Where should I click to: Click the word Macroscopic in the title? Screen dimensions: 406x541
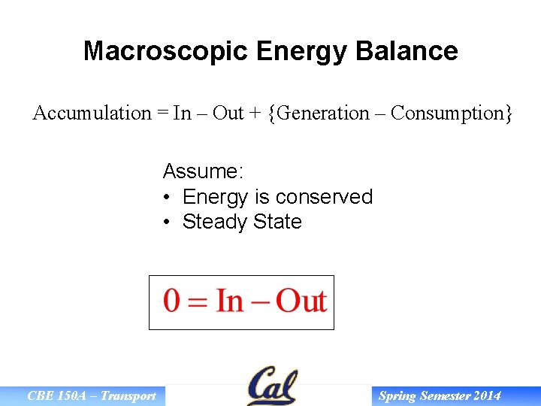coord(166,51)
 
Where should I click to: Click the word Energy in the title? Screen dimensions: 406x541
coord(302,51)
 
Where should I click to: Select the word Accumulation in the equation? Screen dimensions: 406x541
coord(92,114)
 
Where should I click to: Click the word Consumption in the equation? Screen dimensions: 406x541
coord(448,114)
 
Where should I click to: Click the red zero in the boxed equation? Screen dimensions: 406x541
coord(172,301)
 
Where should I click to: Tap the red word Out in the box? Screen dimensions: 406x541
coord(302,301)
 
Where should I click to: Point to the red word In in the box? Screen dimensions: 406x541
coord(229,301)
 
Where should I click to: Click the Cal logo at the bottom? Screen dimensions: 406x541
coord(272,386)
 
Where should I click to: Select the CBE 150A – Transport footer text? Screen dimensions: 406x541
coord(91,396)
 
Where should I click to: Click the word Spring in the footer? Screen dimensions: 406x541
coord(397,396)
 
